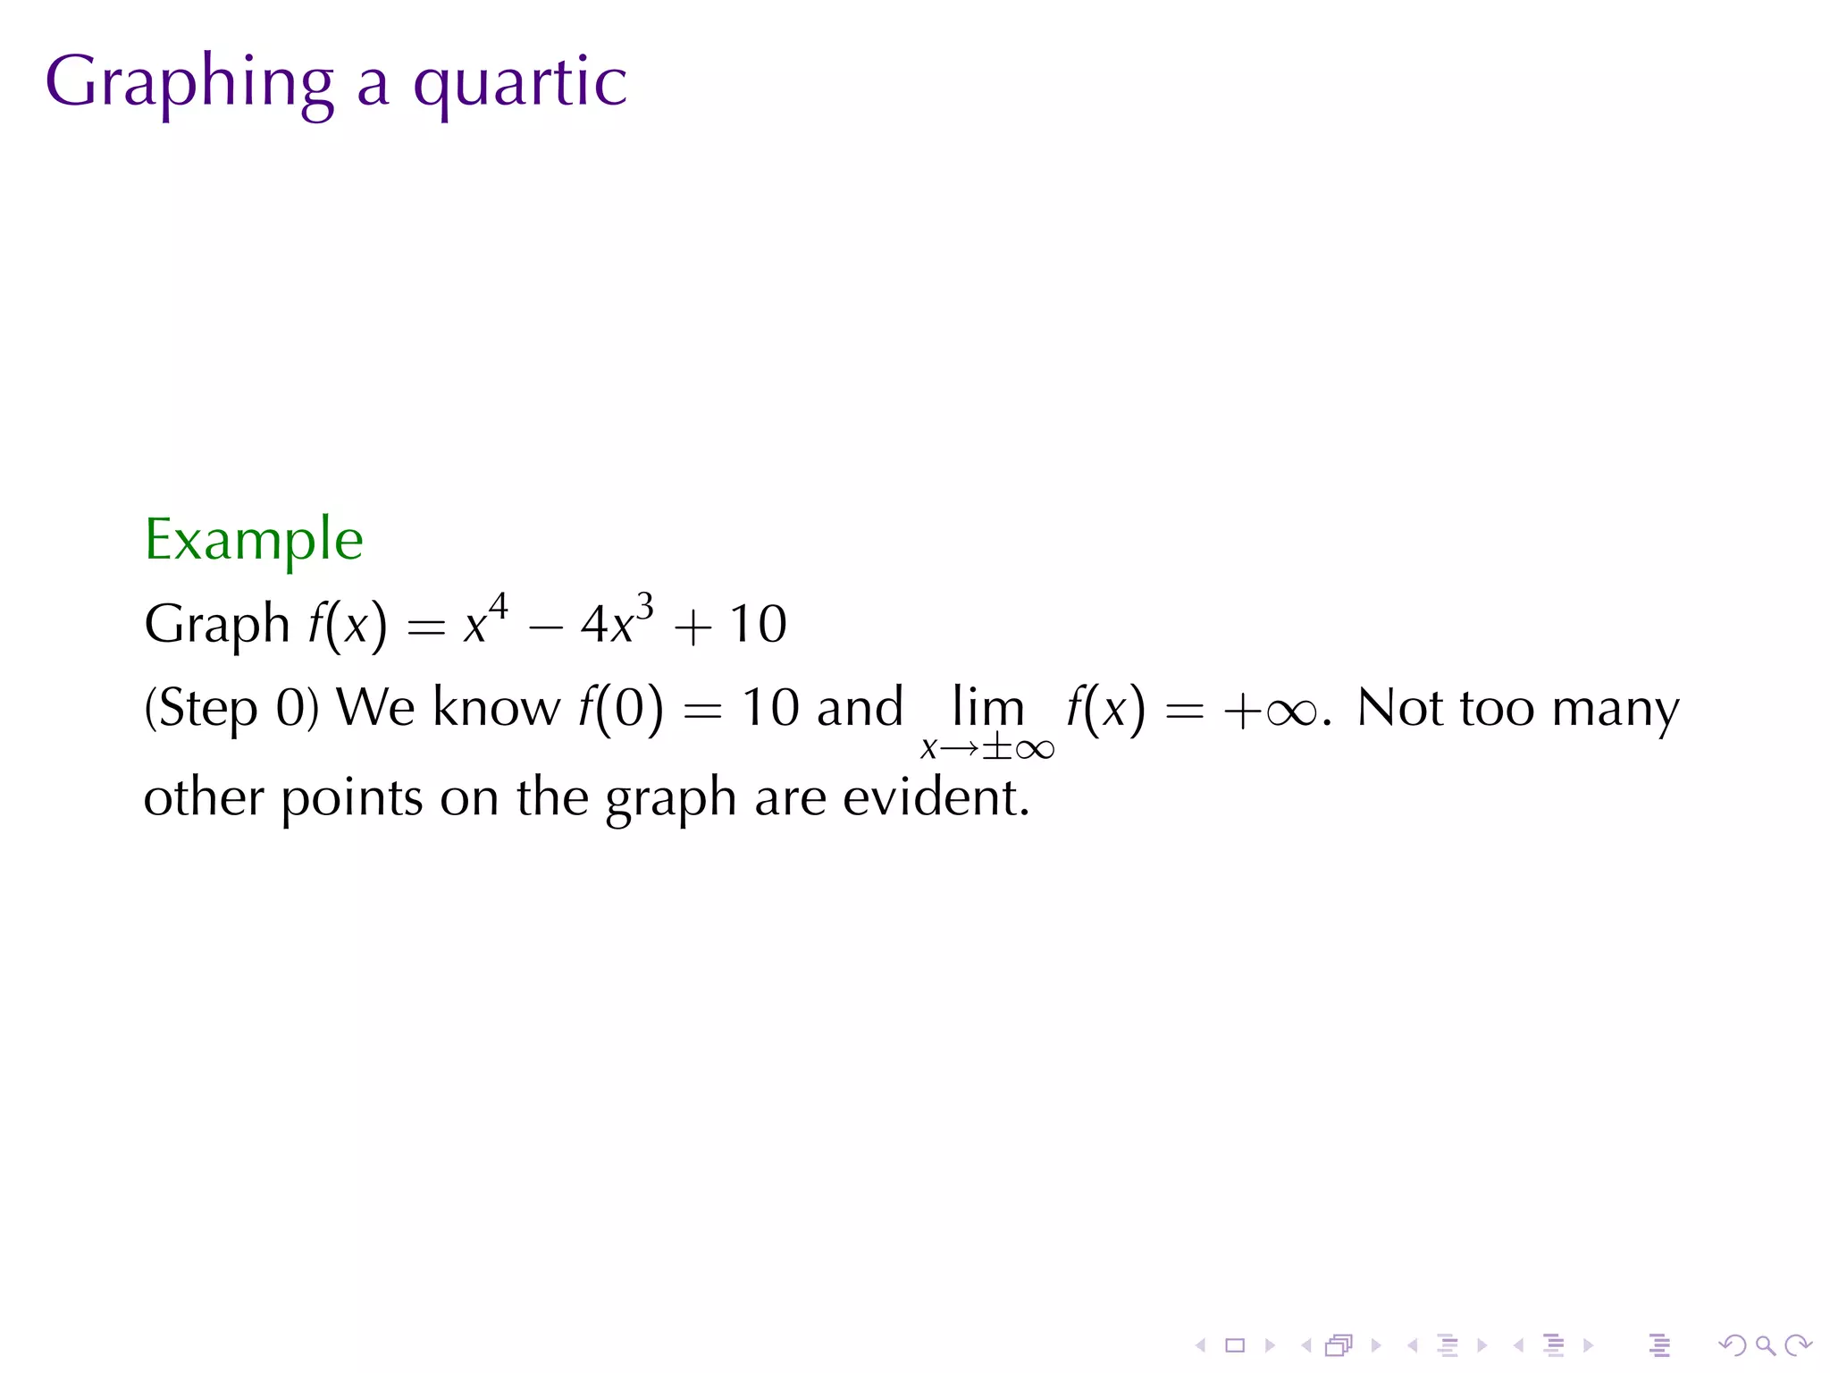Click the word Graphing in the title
(x=189, y=83)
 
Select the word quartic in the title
(x=520, y=83)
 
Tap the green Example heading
(x=254, y=539)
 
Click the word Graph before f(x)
(x=217, y=623)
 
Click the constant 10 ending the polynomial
(x=758, y=623)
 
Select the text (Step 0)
(x=231, y=708)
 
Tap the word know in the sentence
(x=496, y=707)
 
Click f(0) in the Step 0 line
(x=622, y=708)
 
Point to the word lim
(x=987, y=706)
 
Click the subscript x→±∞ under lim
(x=987, y=747)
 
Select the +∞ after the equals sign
(x=1270, y=712)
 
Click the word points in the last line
(x=352, y=798)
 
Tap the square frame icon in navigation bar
(x=1235, y=1344)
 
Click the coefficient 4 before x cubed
(x=594, y=624)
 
